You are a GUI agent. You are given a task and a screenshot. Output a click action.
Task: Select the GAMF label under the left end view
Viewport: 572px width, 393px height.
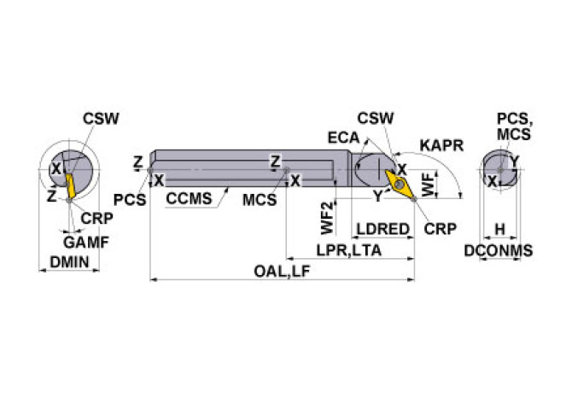click(85, 242)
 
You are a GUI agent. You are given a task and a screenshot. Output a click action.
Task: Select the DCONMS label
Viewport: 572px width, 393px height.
click(498, 250)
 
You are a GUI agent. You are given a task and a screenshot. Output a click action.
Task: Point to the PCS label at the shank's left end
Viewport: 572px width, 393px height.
click(129, 198)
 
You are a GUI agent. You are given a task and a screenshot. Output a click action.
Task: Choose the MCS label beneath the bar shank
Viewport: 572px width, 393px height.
click(258, 199)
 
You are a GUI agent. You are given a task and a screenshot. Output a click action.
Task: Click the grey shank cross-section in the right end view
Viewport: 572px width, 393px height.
click(499, 169)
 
